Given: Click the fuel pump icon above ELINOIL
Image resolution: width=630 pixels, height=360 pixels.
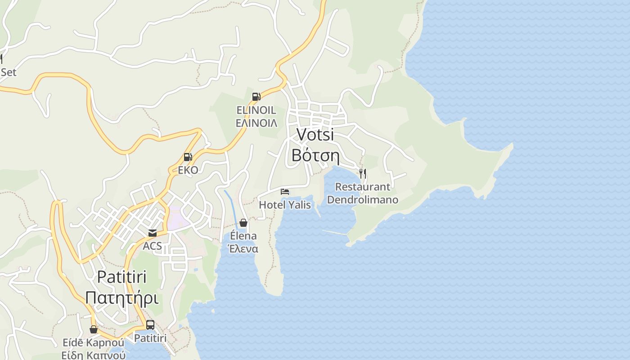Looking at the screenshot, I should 256,96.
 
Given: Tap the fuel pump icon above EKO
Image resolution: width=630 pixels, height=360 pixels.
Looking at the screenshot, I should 188,157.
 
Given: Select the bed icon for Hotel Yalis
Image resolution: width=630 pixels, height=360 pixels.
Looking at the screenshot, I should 285,192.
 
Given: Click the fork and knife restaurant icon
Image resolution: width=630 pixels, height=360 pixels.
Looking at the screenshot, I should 362,173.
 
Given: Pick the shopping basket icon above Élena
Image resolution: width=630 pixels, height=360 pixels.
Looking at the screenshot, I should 243,222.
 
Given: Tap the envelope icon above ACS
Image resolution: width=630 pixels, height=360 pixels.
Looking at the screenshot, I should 153,233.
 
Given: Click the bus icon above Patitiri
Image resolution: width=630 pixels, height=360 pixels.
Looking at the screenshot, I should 150,324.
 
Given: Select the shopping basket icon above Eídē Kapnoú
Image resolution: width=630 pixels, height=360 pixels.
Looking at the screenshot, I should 94,329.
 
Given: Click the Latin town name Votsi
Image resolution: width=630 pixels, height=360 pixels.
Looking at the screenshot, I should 315,135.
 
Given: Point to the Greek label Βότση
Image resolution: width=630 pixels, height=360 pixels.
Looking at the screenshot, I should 315,155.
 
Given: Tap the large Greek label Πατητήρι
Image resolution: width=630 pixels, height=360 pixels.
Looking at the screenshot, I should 122,297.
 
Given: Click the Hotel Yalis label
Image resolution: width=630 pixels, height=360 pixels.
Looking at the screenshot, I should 285,205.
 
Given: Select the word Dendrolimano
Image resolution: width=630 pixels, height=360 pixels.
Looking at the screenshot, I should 362,199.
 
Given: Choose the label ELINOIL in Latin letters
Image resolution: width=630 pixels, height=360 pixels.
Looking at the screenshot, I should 256,110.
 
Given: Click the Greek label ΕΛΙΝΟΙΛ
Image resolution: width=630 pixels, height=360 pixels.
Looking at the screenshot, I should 256,123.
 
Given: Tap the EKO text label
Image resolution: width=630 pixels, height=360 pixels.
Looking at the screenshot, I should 188,170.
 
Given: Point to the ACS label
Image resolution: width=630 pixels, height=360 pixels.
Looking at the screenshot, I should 152,246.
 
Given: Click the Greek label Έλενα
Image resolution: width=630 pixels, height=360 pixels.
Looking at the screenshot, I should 243,249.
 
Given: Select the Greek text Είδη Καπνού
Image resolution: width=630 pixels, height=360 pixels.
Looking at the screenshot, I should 94,355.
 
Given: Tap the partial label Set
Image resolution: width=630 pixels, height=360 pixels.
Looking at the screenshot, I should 8,72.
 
